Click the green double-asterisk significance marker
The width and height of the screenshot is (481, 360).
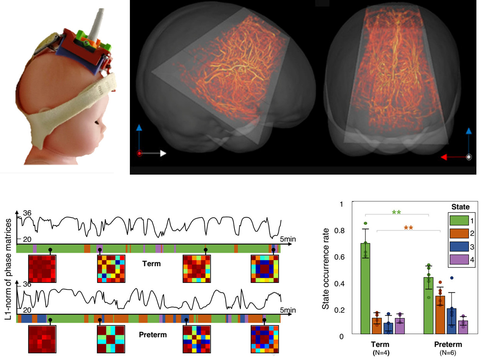(397, 212)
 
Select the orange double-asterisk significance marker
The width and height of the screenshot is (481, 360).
(408, 228)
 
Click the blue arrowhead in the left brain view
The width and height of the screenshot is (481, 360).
(139, 127)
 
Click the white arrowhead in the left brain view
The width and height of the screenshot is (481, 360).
(163, 154)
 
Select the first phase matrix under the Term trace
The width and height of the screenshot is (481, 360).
(42, 269)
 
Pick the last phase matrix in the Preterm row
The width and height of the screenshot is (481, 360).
(265, 339)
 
